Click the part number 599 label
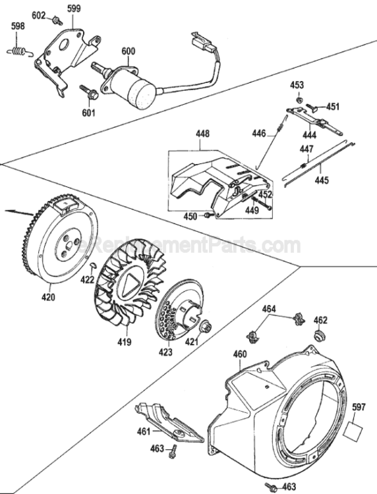pos(74,8)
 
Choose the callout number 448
pos(202,132)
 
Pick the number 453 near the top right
pos(297,84)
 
